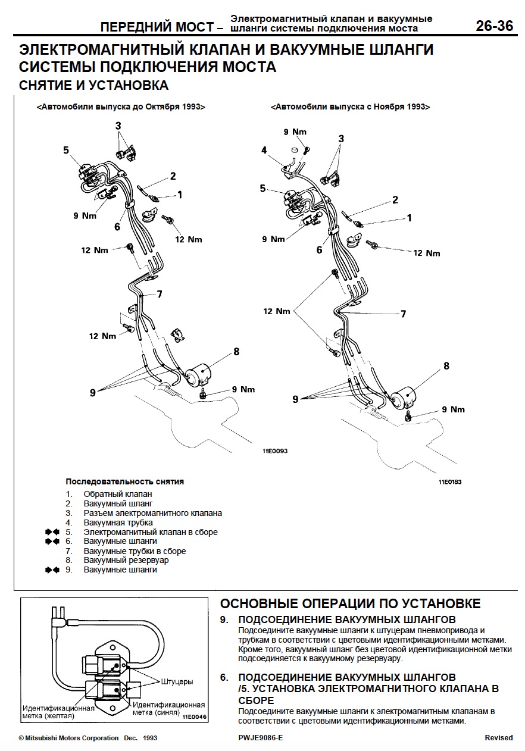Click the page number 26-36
click(x=493, y=27)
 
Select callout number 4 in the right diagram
click(x=264, y=150)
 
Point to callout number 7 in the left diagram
click(x=160, y=293)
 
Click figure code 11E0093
click(x=274, y=451)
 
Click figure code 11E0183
click(x=449, y=482)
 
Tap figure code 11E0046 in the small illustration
click(x=195, y=717)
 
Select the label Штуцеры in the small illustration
click(x=177, y=681)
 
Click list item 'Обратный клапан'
click(x=118, y=494)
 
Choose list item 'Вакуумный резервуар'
click(x=126, y=561)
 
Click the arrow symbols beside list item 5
click(x=52, y=532)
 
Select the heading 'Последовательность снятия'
click(x=124, y=481)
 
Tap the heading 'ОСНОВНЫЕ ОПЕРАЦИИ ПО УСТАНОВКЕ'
click(x=350, y=603)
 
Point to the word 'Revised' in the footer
click(x=498, y=738)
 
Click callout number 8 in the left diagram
click(x=236, y=351)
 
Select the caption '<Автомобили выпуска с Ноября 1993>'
click(x=350, y=107)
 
